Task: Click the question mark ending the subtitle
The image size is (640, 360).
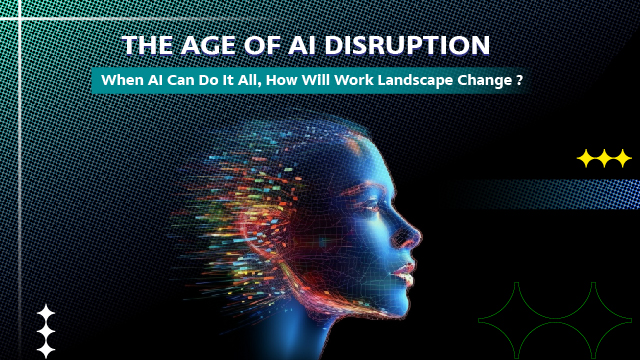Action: (521, 81)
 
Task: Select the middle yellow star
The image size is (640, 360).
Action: (604, 158)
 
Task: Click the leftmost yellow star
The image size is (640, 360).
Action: (586, 158)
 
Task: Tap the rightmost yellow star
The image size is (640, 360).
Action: (622, 158)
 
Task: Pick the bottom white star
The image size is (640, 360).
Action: (45, 349)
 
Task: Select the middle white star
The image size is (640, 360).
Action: (45, 331)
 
